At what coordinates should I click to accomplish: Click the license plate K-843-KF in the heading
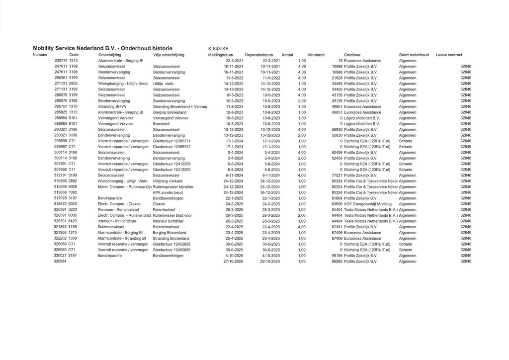tap(219, 48)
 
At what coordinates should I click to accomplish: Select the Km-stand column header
tap(316, 55)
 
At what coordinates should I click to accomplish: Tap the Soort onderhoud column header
tap(414, 55)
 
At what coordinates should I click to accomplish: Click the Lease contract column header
tap(449, 55)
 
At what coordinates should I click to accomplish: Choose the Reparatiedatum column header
tap(259, 55)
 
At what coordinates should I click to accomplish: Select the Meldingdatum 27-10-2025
tap(233, 261)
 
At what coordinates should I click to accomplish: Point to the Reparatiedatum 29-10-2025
tap(270, 261)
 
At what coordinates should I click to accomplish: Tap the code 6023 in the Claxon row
tap(73, 204)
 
